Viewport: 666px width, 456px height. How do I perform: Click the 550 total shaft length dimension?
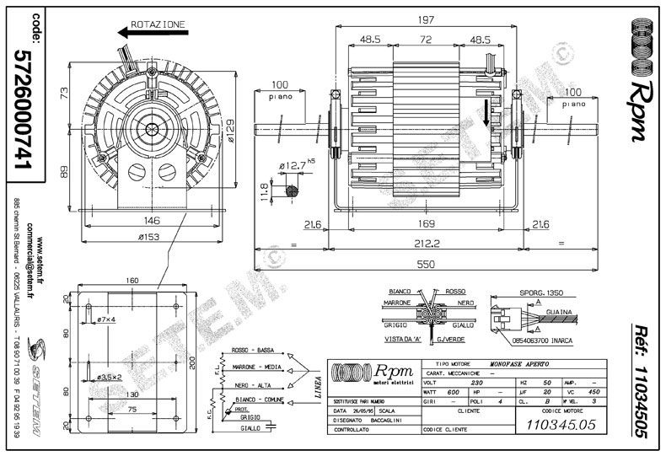(x=428, y=264)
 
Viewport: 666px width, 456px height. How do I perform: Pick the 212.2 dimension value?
(x=427, y=244)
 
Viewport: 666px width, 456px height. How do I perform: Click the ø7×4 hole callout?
(x=107, y=320)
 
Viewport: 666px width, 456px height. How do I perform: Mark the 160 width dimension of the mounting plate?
(x=132, y=281)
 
